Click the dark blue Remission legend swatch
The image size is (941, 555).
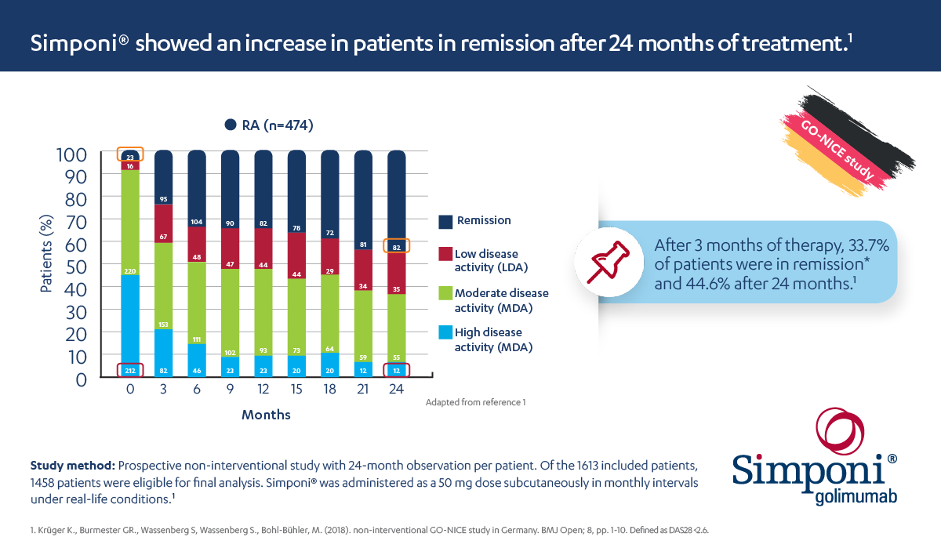[x=445, y=223]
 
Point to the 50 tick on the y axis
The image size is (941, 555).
[x=67, y=266]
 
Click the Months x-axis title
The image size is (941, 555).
[x=266, y=415]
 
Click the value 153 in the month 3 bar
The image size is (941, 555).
[x=163, y=325]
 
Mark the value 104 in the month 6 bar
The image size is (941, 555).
[x=197, y=222]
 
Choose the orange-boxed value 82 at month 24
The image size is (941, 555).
[x=397, y=247]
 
